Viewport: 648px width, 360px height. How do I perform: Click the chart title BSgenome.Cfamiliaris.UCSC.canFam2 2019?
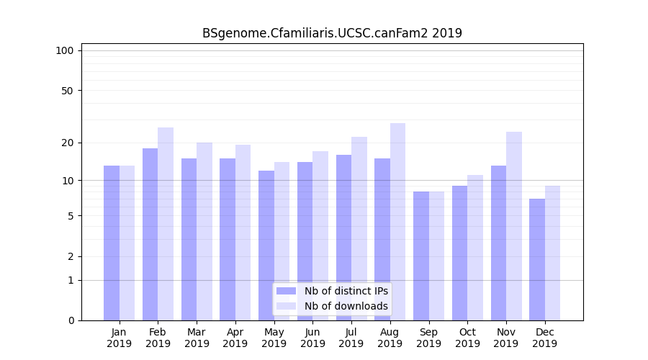point(332,33)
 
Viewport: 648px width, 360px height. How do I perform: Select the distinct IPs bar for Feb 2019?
point(150,234)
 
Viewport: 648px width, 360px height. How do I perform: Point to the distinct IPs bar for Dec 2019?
point(537,259)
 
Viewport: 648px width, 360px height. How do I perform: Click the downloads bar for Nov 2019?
point(514,226)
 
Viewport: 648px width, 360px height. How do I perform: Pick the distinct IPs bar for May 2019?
point(266,246)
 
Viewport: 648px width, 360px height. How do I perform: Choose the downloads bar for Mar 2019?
point(204,231)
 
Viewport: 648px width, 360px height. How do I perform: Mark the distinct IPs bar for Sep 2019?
point(421,256)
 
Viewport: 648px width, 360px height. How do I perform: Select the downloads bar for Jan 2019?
point(127,243)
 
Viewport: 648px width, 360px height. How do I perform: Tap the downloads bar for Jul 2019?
point(359,228)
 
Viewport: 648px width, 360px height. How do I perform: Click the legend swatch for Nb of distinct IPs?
point(286,291)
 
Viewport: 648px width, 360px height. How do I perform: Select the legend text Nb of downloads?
point(346,306)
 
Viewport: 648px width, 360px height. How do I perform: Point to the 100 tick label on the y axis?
point(65,50)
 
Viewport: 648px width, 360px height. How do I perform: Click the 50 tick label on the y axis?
point(67,91)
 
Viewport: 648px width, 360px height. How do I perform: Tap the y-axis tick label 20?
point(67,143)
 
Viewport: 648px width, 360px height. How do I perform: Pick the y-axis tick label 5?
point(70,216)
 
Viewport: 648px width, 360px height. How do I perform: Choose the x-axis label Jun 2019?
point(312,338)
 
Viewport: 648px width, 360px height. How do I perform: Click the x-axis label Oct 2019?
point(467,338)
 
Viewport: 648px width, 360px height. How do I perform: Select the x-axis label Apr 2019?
point(235,338)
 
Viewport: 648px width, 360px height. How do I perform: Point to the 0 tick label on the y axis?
point(70,320)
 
